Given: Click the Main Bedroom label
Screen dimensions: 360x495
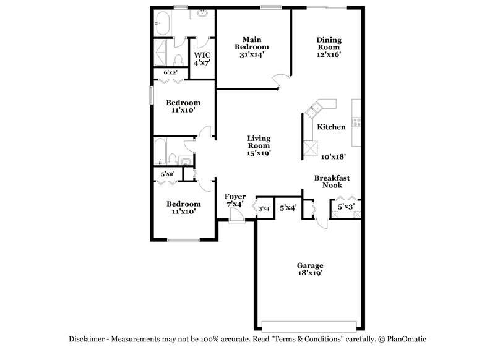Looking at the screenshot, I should (251, 42).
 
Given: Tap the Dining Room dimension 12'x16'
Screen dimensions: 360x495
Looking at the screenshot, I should (329, 54).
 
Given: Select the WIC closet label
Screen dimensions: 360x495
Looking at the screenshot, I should (202, 53).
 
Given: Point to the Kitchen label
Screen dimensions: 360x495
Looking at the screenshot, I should (331, 127).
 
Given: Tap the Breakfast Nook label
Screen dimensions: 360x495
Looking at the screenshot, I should (332, 181).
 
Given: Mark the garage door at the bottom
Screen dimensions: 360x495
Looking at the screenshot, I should (310, 326).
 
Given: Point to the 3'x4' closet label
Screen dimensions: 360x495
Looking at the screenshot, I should (265, 208).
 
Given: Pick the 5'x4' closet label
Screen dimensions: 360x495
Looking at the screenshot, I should (288, 208).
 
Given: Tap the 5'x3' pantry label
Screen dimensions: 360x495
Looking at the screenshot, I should (346, 207).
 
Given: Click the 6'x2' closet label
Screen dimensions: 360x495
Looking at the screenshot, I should (170, 73).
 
